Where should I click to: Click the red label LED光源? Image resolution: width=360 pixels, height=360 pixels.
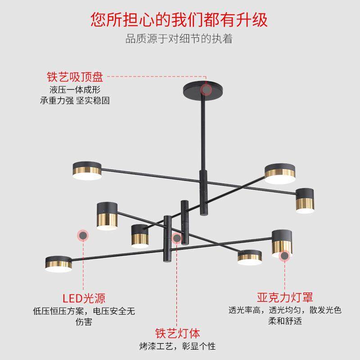(x=84, y=297)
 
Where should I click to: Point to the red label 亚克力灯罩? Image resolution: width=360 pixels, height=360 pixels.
(x=285, y=297)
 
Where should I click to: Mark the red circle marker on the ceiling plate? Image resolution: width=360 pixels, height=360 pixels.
(x=206, y=90)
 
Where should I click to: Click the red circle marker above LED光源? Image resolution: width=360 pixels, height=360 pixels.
(x=83, y=235)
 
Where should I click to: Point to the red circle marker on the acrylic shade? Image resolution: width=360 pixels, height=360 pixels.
(x=284, y=256)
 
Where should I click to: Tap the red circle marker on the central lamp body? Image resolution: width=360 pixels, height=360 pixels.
(x=177, y=238)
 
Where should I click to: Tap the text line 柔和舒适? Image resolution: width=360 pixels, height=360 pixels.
(x=285, y=321)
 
